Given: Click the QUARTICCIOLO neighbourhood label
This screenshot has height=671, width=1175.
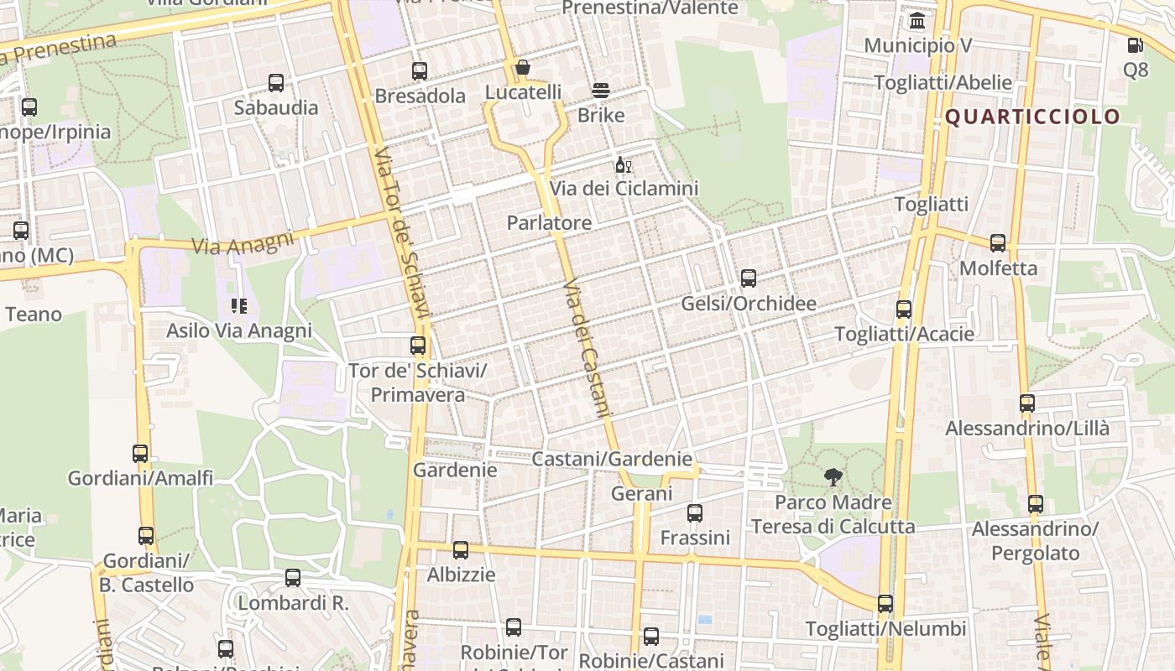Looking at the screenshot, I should pyautogui.click(x=1033, y=117).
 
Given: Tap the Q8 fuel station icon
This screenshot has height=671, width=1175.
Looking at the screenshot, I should pyautogui.click(x=1136, y=45).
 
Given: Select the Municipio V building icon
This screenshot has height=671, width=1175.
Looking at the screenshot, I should pyautogui.click(x=917, y=21).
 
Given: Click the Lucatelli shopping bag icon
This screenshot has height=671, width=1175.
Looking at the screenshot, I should pyautogui.click(x=523, y=67).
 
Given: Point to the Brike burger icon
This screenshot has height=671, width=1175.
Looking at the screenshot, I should pyautogui.click(x=601, y=91).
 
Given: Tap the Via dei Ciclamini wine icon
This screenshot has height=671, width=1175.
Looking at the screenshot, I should pyautogui.click(x=623, y=164).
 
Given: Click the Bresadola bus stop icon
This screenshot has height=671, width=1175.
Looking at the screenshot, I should pyautogui.click(x=420, y=71).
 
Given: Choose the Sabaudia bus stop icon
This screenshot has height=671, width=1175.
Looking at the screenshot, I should pyautogui.click(x=276, y=83).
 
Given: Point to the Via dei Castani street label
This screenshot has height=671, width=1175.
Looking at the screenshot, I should pyautogui.click(x=585, y=347).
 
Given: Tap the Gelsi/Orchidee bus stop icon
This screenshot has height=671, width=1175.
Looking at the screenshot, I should pyautogui.click(x=748, y=278).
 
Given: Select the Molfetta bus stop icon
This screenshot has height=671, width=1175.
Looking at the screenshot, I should pyautogui.click(x=998, y=243).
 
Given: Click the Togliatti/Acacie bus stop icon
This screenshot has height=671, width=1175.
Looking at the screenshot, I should pyautogui.click(x=904, y=309).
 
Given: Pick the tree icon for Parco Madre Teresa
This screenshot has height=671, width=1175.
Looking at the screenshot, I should pyautogui.click(x=833, y=478).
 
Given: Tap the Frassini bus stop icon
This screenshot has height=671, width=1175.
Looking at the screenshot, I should pyautogui.click(x=695, y=513).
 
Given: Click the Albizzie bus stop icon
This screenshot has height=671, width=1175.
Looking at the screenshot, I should pyautogui.click(x=461, y=550).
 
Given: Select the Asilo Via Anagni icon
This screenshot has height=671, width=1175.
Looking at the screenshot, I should pyautogui.click(x=239, y=306).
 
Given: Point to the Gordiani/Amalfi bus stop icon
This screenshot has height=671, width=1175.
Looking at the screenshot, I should pyautogui.click(x=140, y=454).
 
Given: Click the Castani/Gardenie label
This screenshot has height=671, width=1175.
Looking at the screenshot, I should pyautogui.click(x=612, y=459).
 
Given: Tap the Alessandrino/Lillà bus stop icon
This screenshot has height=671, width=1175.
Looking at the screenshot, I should pyautogui.click(x=1027, y=403).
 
